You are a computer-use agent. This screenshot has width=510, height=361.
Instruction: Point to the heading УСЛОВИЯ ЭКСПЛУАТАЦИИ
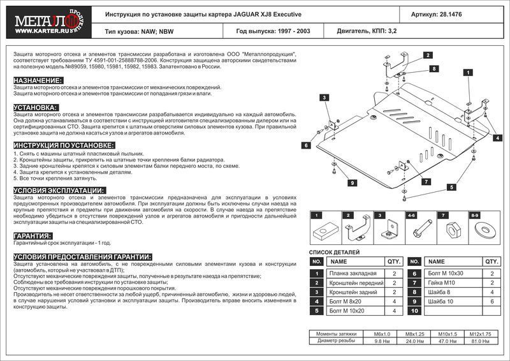[x=59, y=191]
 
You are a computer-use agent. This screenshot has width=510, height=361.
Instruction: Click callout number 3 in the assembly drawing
[x=324, y=97]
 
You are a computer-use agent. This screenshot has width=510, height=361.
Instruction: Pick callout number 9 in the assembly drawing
[x=351, y=183]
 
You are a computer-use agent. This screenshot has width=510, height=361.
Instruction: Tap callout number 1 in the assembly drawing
[x=467, y=73]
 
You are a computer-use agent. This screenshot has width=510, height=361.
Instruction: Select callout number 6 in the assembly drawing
[x=307, y=146]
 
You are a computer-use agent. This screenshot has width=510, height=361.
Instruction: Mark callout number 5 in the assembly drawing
[x=452, y=187]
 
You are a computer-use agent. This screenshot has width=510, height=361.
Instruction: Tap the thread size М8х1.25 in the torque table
[x=414, y=334]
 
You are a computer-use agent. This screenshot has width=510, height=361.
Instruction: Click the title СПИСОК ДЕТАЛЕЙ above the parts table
[x=333, y=253]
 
